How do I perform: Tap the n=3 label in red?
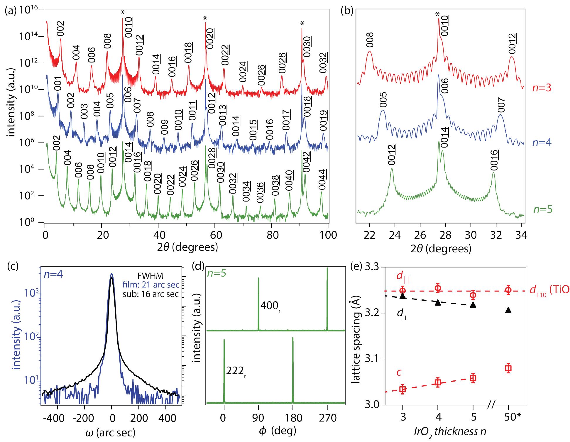click(x=542, y=88)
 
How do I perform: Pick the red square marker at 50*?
click(x=508, y=368)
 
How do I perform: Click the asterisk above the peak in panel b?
click(x=437, y=14)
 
